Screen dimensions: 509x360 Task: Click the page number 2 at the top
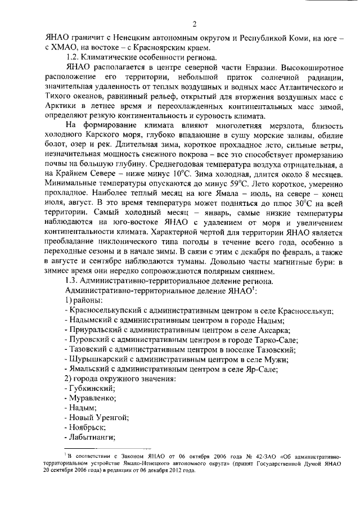click(193, 24)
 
